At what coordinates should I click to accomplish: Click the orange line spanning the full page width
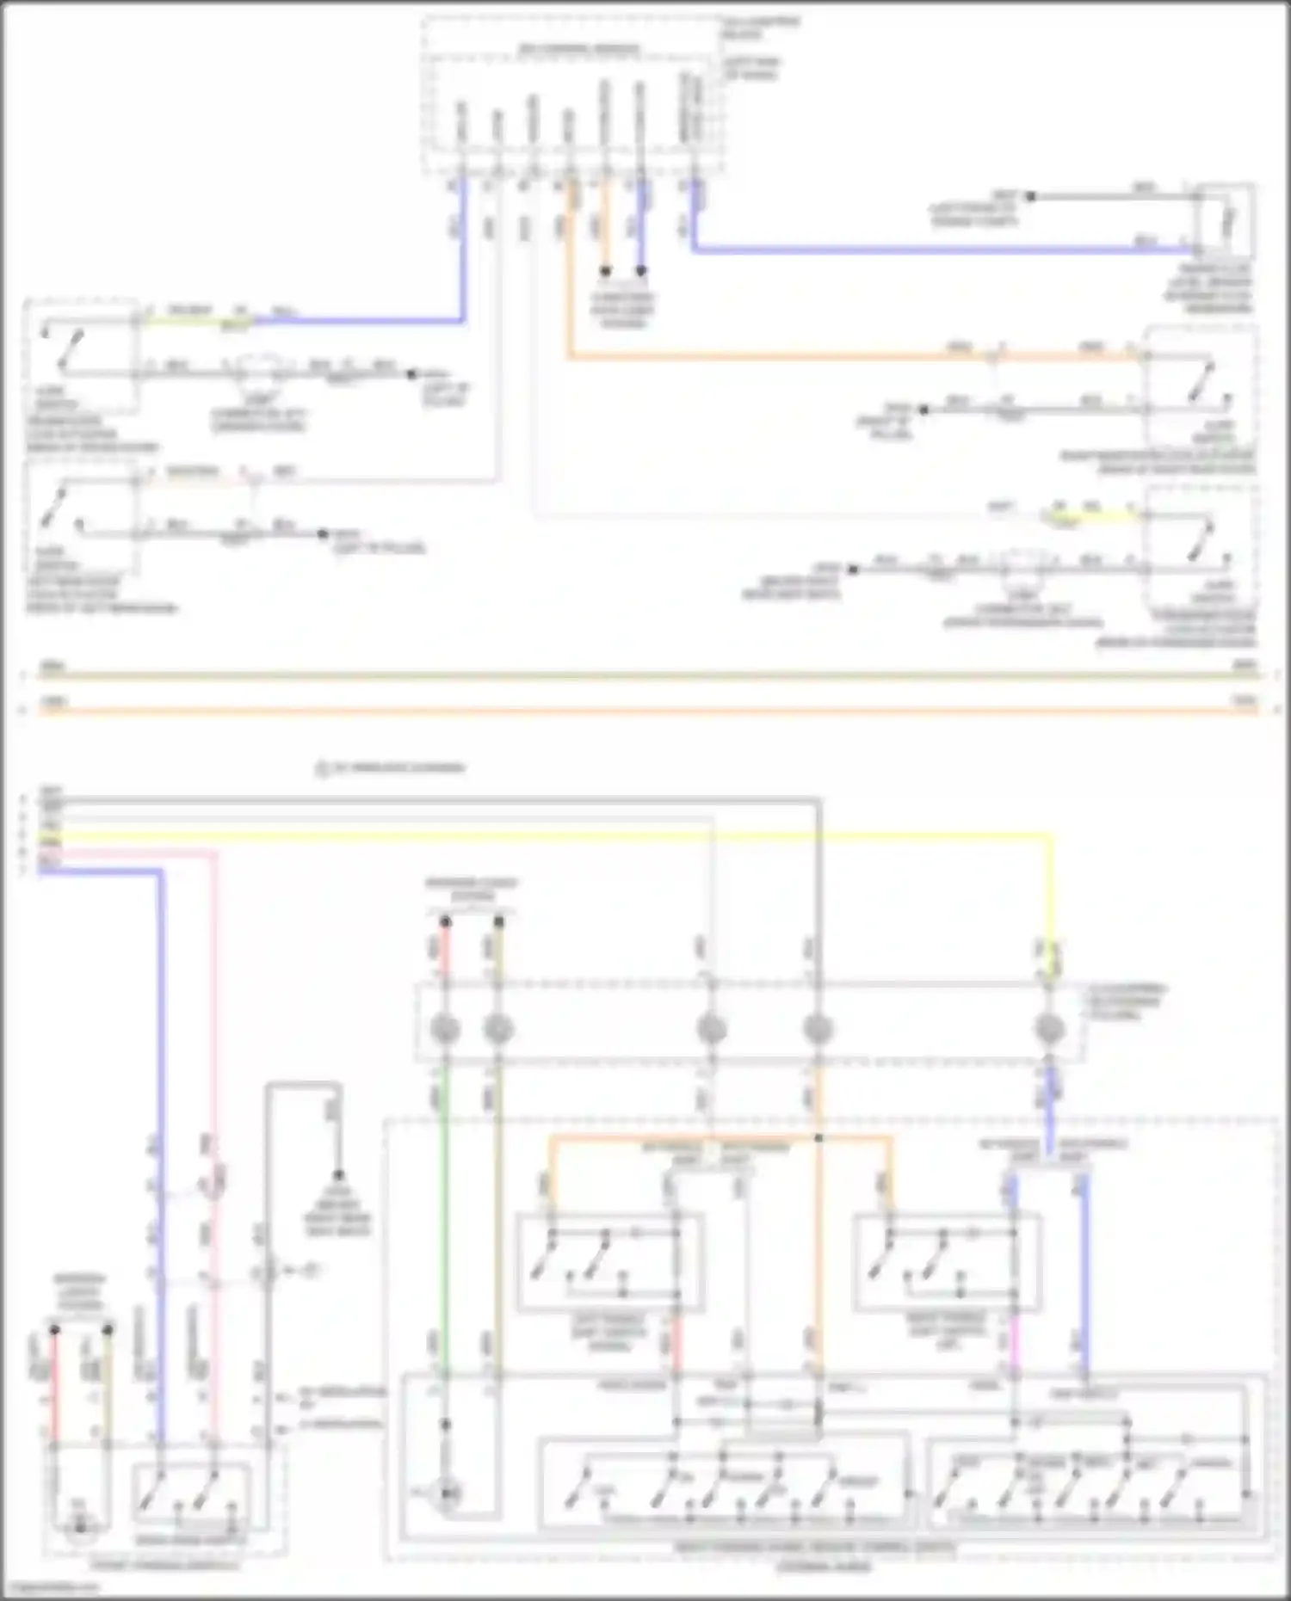point(645,711)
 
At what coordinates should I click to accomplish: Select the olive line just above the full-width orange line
point(645,676)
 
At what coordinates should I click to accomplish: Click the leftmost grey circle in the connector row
point(445,1029)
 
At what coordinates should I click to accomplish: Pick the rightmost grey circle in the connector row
point(1048,1029)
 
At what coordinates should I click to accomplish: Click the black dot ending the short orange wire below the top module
point(605,271)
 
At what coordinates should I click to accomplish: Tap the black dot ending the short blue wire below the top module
point(641,271)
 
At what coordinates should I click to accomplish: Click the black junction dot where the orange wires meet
point(818,1138)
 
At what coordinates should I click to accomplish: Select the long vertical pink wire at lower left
point(215,1032)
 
